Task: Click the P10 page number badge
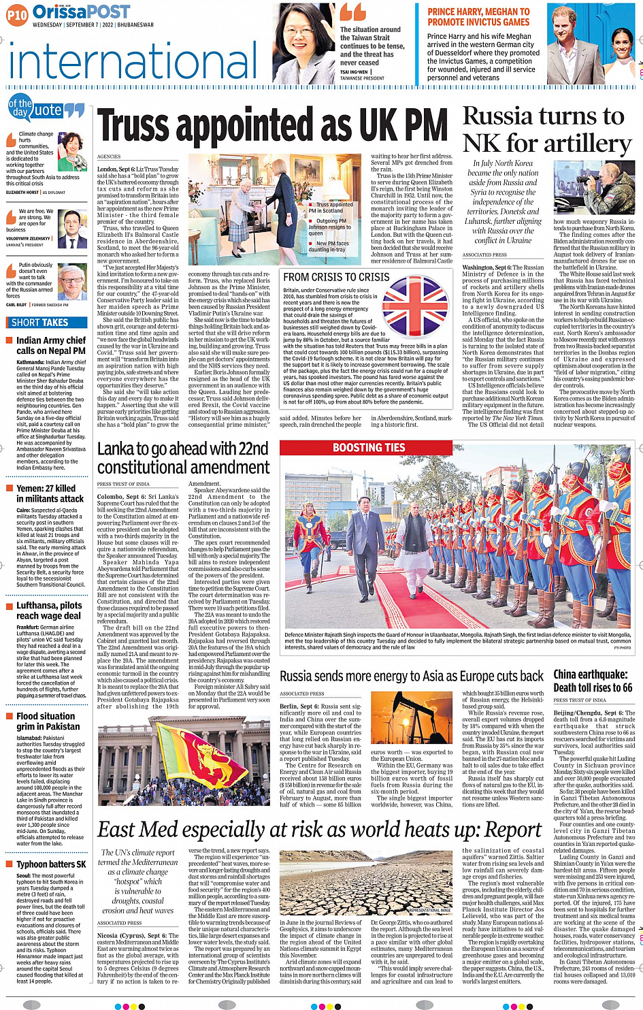17,14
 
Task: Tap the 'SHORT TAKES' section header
40,323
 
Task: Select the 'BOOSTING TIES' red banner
369,447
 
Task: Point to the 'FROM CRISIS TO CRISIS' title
336,277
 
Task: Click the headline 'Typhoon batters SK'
51,864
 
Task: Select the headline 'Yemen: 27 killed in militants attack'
50,493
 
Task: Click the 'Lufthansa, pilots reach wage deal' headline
49,610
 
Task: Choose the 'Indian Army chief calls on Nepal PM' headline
51,345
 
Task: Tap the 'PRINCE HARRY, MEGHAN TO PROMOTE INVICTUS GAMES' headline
478,17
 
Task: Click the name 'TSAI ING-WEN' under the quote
354,71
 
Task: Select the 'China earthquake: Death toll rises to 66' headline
593,681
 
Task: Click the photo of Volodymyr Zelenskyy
73,229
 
